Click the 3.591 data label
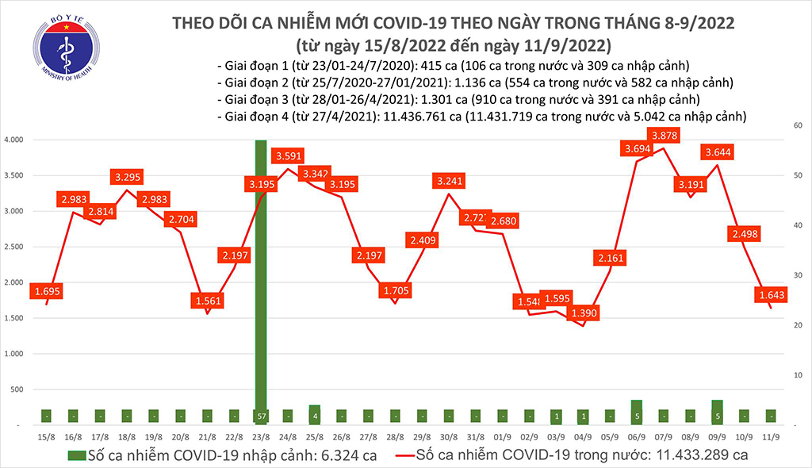point(289,155)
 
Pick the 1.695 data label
point(47,293)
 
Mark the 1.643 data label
point(770,295)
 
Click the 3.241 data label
point(449,182)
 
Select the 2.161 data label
point(609,257)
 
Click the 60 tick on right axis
point(795,125)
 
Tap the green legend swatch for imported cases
point(77,455)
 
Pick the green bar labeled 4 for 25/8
point(315,414)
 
